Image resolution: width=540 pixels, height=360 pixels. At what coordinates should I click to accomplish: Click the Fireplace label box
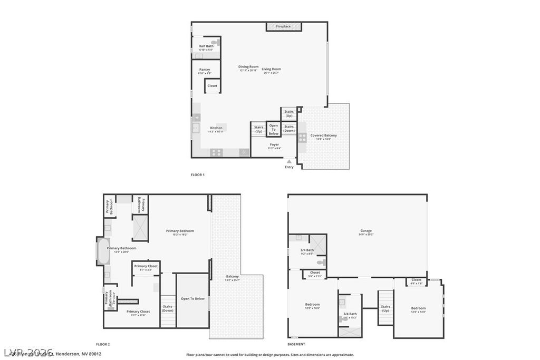pos(283,26)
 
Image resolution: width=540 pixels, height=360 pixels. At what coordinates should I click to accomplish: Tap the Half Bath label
pos(206,46)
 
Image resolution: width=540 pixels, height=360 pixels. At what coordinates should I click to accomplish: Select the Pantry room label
pos(205,70)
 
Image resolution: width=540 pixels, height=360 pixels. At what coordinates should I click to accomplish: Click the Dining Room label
pos(248,67)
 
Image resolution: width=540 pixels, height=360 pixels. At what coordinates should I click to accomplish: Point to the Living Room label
pos(272,70)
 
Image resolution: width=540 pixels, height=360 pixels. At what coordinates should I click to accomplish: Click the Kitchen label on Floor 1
pos(216,128)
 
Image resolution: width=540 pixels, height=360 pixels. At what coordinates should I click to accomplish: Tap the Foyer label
pos(274,145)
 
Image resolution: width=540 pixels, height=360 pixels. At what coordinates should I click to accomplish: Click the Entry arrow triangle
pos(289,161)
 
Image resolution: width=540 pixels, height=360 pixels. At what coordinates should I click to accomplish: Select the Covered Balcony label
pos(323,136)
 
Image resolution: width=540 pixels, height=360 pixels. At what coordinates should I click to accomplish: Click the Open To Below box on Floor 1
pos(274,130)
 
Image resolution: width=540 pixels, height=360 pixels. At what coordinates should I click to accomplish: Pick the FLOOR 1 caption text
pos(197,174)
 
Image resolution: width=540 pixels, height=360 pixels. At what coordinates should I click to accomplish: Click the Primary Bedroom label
pos(180,231)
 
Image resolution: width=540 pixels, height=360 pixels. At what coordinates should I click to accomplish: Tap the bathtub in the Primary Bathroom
pos(102,252)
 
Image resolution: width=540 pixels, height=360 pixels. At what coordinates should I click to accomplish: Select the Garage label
pos(366,231)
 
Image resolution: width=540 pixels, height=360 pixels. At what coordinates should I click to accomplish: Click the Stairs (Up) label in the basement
pos(385,308)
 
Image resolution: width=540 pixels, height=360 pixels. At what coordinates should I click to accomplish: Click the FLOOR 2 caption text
pos(103,344)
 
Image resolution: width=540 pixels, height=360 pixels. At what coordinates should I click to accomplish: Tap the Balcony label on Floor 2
pos(233,277)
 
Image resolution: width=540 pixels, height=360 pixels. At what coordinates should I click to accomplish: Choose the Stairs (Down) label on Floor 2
pos(168,308)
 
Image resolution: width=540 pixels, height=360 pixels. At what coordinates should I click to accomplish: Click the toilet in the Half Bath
pos(215,42)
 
